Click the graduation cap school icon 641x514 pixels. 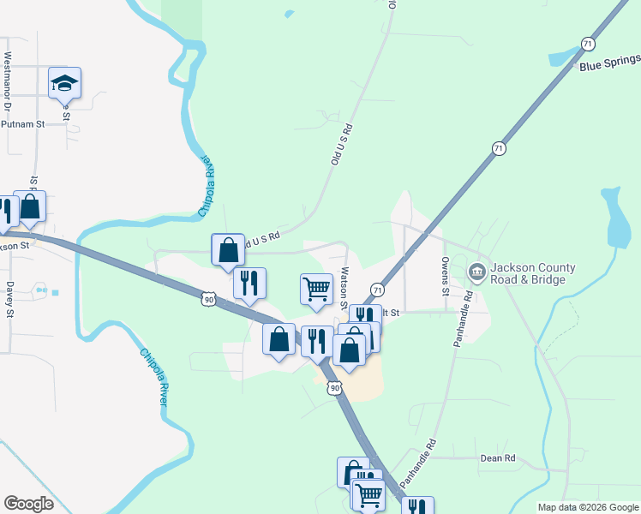(64, 83)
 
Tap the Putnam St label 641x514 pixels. (22, 124)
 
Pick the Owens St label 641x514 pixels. (446, 276)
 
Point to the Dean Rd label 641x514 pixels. (497, 459)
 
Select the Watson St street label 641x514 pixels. (343, 288)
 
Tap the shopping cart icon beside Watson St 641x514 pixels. (316, 289)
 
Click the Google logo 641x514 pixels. (28, 504)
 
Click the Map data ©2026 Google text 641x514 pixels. (587, 507)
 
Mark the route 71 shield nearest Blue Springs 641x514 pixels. (587, 44)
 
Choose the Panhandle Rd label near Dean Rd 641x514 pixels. (417, 459)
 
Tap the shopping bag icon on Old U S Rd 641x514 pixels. (228, 250)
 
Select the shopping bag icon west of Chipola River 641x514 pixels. (30, 206)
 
